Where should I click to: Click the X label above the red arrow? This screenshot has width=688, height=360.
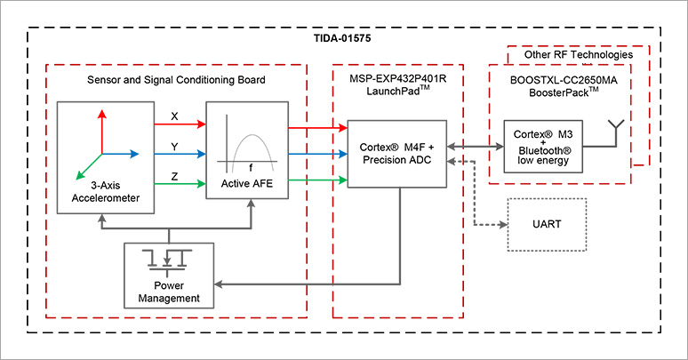click(174, 117)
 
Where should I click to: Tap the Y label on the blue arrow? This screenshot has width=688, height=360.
click(174, 145)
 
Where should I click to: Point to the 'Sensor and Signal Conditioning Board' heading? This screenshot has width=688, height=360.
click(176, 81)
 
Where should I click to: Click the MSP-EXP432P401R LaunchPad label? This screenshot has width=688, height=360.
click(397, 87)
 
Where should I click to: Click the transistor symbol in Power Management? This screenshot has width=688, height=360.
click(168, 259)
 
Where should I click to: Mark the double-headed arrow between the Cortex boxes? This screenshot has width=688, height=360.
click(470, 146)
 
